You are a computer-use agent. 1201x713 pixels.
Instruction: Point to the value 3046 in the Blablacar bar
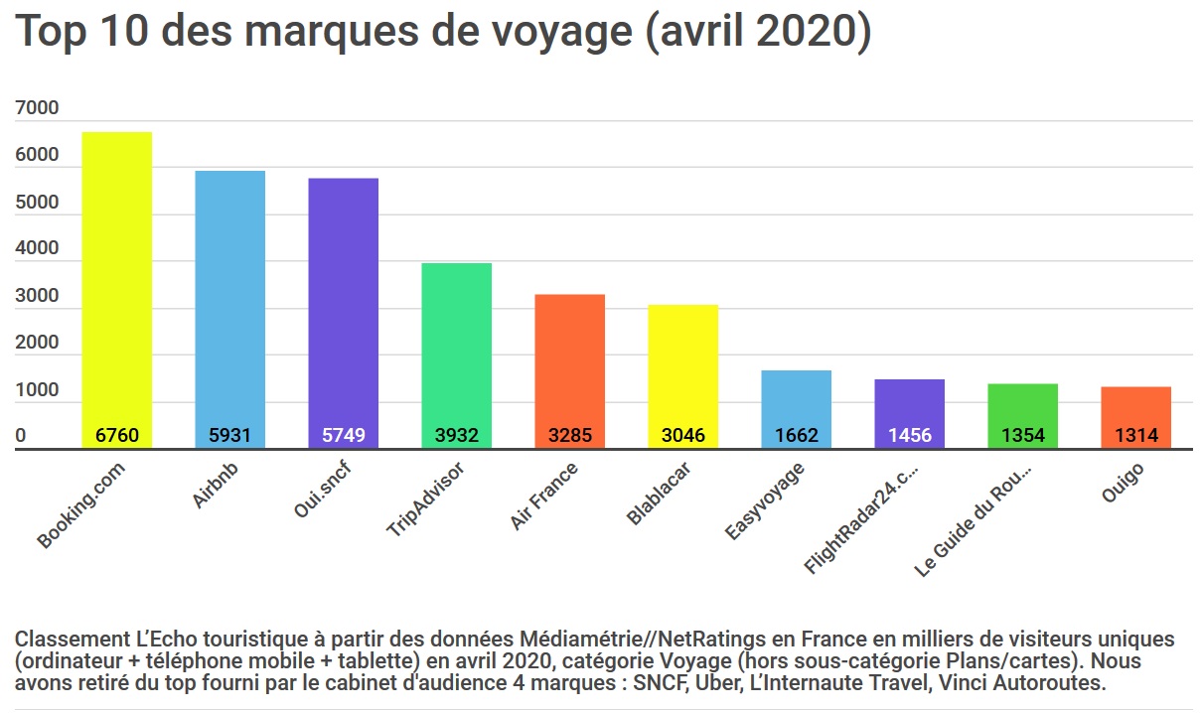click(x=682, y=436)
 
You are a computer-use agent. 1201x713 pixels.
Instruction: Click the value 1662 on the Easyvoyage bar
click(x=796, y=436)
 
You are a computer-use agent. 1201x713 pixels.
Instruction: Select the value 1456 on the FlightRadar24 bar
click(x=909, y=436)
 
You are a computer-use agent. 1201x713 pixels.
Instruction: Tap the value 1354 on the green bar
click(x=1022, y=436)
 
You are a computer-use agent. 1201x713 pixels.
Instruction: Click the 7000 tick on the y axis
click(x=37, y=108)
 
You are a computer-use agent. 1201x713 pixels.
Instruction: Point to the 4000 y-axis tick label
click(x=37, y=249)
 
